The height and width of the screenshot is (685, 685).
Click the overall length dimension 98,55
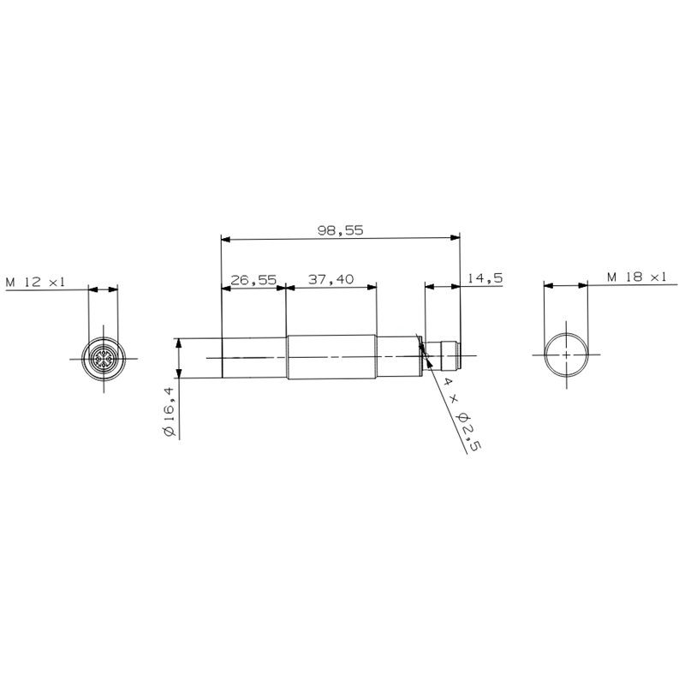340,230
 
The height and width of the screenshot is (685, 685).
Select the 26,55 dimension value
253,280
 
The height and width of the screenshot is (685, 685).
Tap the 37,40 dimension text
331,279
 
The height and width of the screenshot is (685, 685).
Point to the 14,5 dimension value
485,277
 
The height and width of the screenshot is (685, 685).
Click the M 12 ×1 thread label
35,282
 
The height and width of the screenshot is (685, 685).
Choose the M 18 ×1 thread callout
636,277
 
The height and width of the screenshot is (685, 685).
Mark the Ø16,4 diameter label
169,412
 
